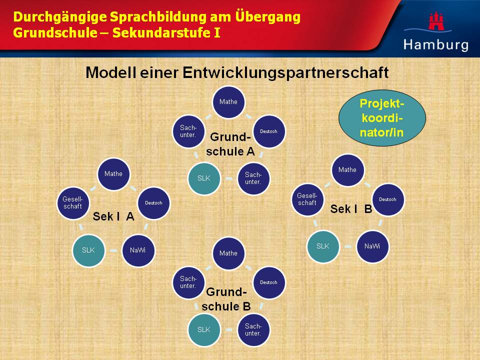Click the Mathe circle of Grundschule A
pos(228,102)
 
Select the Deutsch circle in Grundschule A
pos(269,131)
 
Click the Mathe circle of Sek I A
pos(113,174)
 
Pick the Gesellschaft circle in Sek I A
pos(73,203)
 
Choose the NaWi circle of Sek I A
pos(138,250)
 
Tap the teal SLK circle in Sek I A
pos(89,250)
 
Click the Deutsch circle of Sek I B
pos(388,199)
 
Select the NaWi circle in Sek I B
pos(372,246)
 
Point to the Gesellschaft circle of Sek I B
pos(307,199)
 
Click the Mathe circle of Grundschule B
pos(228,253)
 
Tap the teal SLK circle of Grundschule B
pos(204,329)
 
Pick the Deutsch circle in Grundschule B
pos(269,282)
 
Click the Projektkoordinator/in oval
pos(382,118)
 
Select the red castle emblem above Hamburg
pos(436,21)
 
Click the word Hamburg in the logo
pos(436,44)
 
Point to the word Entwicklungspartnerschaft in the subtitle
pos(285,73)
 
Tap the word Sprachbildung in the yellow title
pos(158,17)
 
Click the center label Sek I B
pos(351,209)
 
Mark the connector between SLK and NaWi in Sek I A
pos(113,250)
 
